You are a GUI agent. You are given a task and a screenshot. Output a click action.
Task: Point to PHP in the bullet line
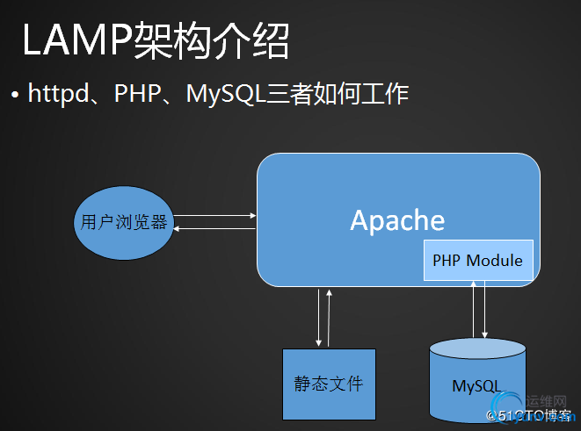[136, 92]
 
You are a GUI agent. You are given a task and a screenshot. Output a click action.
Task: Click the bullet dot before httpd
[15, 93]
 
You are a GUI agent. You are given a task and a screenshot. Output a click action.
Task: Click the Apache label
[397, 219]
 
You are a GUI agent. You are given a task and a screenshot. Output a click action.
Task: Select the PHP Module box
[477, 261]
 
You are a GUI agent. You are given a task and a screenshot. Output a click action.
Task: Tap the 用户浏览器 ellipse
[123, 221]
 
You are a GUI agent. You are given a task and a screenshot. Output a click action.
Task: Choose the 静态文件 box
[328, 384]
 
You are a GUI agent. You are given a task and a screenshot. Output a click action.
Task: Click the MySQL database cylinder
[476, 386]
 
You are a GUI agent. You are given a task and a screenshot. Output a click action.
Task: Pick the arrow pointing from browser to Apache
[214, 214]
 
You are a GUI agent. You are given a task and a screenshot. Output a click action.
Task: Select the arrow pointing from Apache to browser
[214, 228]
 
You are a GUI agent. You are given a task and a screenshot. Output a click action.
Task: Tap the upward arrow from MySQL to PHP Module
[474, 309]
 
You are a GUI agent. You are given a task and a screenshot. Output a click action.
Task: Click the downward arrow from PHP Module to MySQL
[485, 309]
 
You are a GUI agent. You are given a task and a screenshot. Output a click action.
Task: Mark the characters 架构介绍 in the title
[211, 42]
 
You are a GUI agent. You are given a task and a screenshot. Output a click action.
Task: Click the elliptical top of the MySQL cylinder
[476, 348]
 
